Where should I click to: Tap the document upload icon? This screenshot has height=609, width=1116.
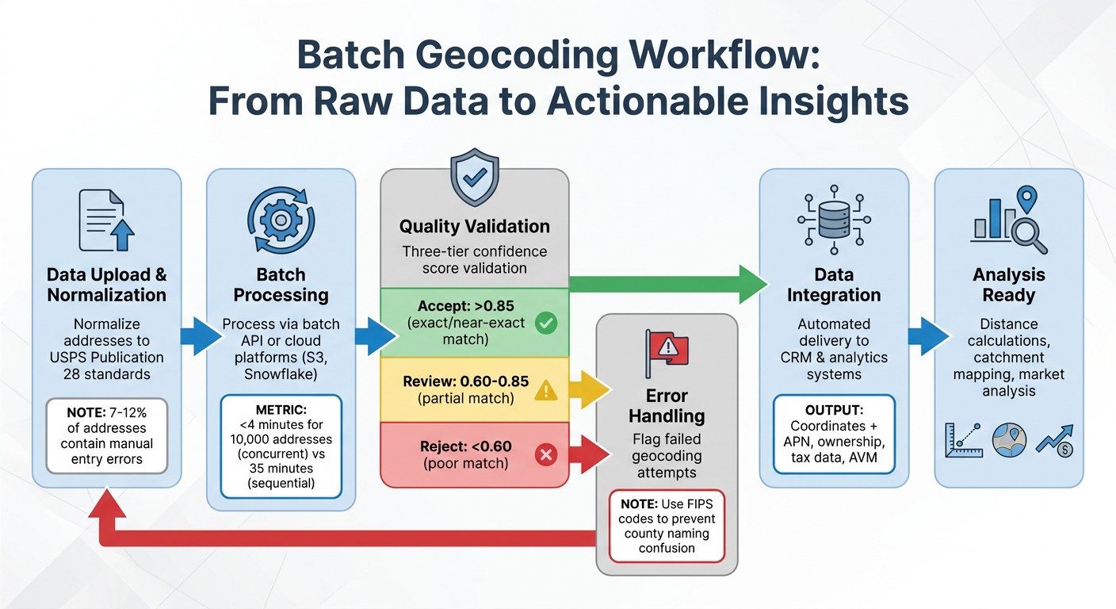point(107,220)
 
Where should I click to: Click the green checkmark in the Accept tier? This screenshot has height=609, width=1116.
point(546,323)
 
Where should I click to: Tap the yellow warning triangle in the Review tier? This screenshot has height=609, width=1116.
point(546,389)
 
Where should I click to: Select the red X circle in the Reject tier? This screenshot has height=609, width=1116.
point(546,454)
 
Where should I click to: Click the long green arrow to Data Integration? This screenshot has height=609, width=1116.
point(666,283)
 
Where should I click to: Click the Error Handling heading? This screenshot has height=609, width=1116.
point(667,405)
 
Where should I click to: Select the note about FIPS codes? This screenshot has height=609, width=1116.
point(667,526)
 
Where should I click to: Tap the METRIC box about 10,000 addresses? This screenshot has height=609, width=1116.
point(281,446)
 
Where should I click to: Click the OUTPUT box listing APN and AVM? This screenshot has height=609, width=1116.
point(834,435)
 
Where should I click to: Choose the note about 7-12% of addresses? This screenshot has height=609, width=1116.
point(107,435)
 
